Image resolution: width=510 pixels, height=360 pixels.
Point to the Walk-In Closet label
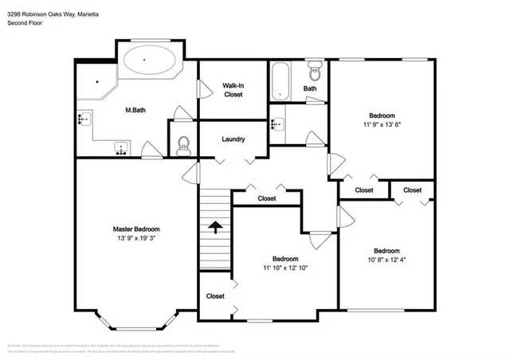coord(233,89)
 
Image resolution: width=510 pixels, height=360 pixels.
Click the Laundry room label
coord(233,139)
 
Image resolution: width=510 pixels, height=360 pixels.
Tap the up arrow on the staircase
coord(214,228)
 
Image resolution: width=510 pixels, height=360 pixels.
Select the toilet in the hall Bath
coord(314,69)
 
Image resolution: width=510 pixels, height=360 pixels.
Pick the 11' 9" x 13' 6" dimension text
coord(382,124)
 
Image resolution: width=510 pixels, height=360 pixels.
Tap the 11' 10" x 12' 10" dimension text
coord(285,268)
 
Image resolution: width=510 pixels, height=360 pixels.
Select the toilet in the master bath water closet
coord(183,143)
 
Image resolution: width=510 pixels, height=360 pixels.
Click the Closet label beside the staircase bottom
coord(215,295)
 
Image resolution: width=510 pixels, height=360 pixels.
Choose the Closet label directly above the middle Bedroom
coord(267,198)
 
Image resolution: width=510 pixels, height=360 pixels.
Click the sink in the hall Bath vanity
coord(277,125)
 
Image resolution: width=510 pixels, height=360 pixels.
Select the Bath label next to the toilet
coord(309,88)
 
